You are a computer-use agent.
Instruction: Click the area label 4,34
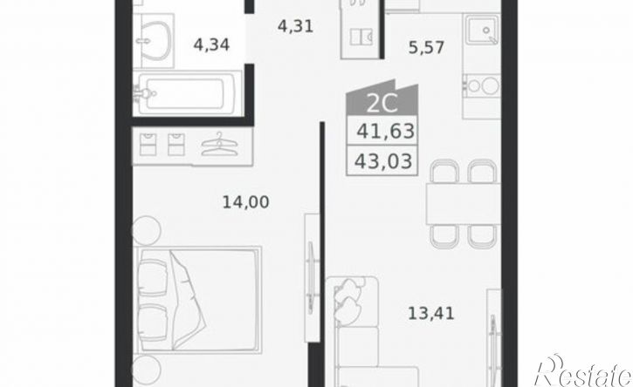(x=211, y=44)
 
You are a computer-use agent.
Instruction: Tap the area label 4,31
(x=295, y=27)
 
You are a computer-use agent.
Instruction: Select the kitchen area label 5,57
(x=426, y=48)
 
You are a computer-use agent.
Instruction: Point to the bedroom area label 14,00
(x=246, y=202)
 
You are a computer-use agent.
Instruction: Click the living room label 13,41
(x=431, y=313)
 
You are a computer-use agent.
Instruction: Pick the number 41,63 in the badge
(x=386, y=131)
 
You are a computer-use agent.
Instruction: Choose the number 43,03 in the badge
(x=383, y=161)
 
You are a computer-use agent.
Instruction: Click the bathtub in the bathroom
(x=188, y=93)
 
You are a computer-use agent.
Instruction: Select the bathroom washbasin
(x=154, y=41)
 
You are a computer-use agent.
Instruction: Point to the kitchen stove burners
(x=483, y=85)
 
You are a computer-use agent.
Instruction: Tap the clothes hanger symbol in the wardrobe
(x=218, y=145)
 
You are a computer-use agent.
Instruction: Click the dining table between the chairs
(x=463, y=204)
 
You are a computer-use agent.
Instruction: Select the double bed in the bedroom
(x=199, y=301)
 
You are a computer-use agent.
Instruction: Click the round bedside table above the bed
(x=146, y=230)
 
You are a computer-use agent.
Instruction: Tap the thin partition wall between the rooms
(x=322, y=254)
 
